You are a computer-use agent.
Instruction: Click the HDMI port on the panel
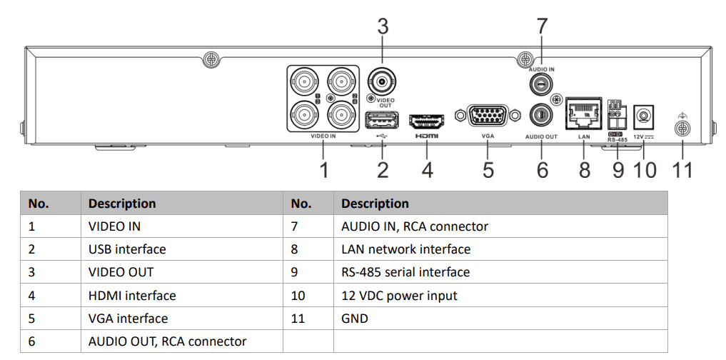(x=426, y=120)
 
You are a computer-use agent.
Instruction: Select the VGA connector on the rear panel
(x=488, y=116)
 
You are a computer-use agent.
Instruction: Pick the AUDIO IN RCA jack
(x=541, y=84)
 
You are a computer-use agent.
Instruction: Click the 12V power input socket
(x=644, y=114)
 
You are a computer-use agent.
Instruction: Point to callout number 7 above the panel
(x=542, y=27)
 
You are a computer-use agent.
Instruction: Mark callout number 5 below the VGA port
(x=488, y=170)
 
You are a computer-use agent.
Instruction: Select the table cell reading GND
(x=355, y=319)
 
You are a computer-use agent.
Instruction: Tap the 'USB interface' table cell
(x=127, y=249)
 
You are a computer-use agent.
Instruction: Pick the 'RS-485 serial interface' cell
(x=405, y=272)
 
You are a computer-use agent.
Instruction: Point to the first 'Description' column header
(x=122, y=204)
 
